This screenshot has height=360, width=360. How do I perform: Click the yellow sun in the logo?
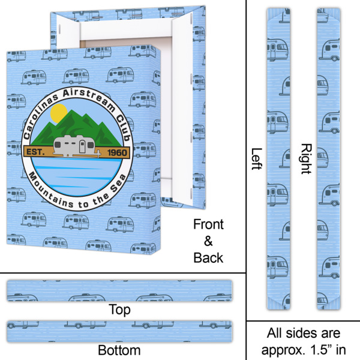59,113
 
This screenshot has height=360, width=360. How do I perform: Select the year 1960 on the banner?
116,152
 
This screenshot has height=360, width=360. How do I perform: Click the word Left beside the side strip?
256,159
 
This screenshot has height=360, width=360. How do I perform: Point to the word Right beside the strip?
305,159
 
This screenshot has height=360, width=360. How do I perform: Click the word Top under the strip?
119,310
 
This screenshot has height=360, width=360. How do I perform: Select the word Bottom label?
119,350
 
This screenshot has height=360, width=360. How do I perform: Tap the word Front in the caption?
208,225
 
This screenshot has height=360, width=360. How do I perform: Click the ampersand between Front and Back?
208,242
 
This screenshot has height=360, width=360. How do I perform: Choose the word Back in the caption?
208,258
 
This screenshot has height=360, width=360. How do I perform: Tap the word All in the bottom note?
276,333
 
